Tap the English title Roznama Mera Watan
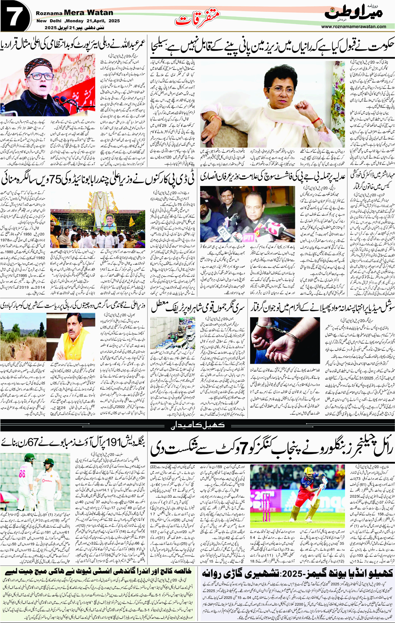[x=74, y=13]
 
